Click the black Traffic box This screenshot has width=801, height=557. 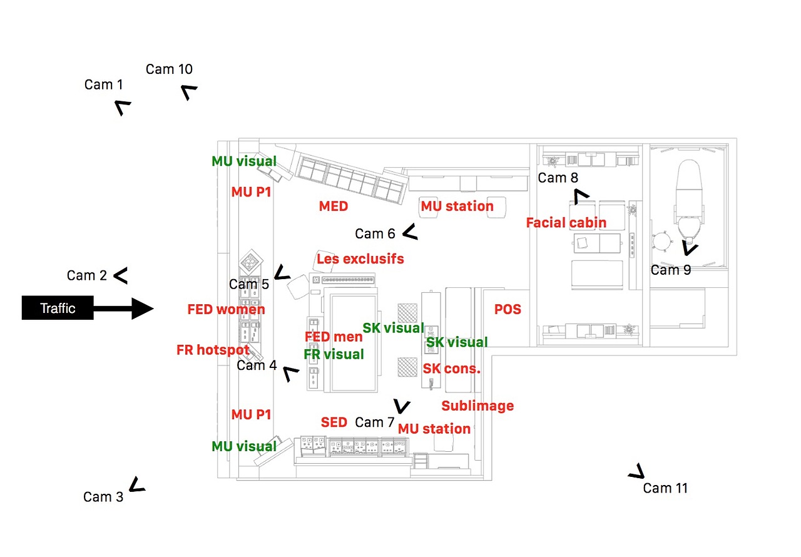tap(58, 308)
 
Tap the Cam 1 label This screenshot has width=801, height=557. tap(104, 84)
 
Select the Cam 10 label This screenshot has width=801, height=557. tap(169, 69)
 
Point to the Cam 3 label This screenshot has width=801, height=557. tap(103, 497)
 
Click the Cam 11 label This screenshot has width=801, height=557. tap(665, 488)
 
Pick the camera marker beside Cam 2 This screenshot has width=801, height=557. tap(120, 275)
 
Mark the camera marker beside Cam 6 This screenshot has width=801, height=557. tap(410, 233)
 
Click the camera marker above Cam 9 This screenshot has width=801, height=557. tap(690, 249)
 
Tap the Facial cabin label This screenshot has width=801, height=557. tap(566, 223)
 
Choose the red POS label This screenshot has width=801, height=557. tap(508, 310)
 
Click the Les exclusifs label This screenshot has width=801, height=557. tap(360, 258)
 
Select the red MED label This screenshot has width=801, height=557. tap(333, 207)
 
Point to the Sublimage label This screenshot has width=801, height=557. tap(477, 406)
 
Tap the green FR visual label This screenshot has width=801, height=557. tap(334, 355)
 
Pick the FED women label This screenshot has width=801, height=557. tap(226, 309)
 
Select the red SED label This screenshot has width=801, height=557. tap(334, 422)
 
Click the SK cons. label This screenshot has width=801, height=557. tap(451, 369)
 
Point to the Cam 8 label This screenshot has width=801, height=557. tap(558, 178)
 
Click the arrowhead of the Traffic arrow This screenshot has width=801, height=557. tap(143, 308)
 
